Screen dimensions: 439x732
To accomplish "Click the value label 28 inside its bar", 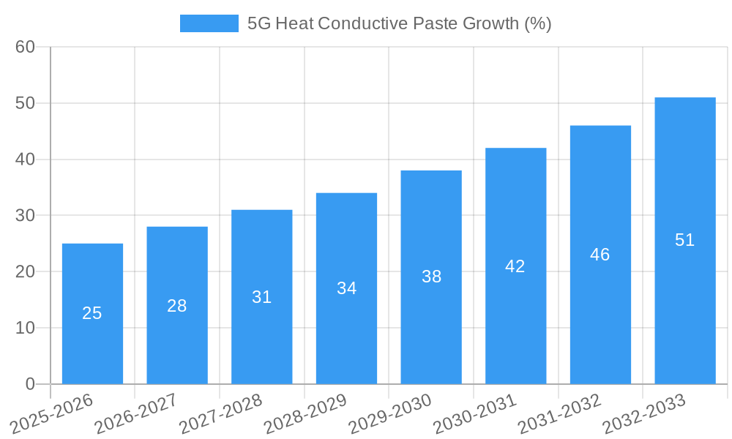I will coord(177,306).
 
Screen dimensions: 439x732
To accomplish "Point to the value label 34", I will coord(346,288).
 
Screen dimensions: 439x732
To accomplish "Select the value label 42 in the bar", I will coord(515,266).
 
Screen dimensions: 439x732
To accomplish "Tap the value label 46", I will coord(600,255).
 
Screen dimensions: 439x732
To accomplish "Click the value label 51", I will coord(684,240).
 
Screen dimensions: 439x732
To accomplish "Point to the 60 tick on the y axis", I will coord(25,47).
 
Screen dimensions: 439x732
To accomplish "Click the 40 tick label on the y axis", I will coord(25,160).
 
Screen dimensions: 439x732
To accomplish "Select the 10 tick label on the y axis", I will coord(25,328).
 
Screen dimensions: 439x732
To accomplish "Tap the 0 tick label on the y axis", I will coord(30,384).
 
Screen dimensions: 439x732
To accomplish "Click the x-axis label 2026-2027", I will coord(136,413).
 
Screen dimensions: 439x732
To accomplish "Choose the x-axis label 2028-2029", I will coord(305,413).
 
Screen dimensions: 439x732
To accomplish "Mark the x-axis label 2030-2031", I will coord(475,413).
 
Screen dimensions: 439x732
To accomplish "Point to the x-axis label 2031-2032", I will coord(560,413).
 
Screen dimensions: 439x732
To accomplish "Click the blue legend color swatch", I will coord(209,23).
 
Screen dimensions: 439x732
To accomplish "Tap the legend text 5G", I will coord(259,23).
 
